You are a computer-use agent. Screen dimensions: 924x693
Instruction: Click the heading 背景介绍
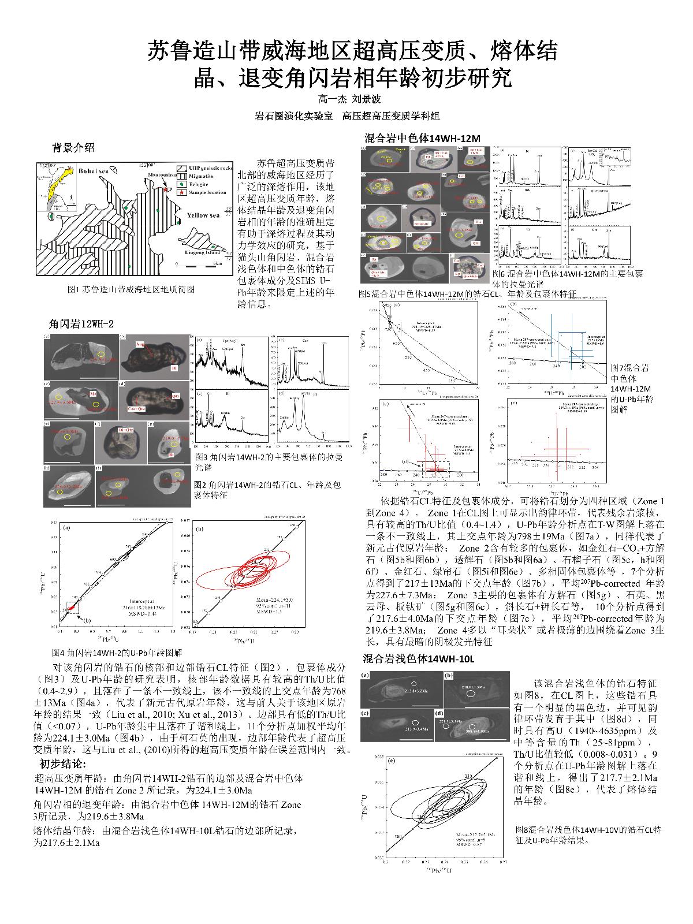tap(73, 148)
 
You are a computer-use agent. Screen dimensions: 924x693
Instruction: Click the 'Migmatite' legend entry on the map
tap(200, 176)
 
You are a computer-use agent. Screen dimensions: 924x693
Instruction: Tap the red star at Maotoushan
tap(166, 189)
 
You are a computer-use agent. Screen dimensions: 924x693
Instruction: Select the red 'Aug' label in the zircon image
tap(140, 344)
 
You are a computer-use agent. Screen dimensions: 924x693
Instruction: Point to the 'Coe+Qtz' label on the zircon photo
tap(136, 408)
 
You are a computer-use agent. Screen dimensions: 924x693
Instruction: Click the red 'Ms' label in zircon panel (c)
tap(92, 393)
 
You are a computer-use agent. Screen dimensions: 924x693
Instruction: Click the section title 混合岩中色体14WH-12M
tap(422, 139)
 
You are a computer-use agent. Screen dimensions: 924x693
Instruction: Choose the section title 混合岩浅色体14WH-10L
tap(418, 659)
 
